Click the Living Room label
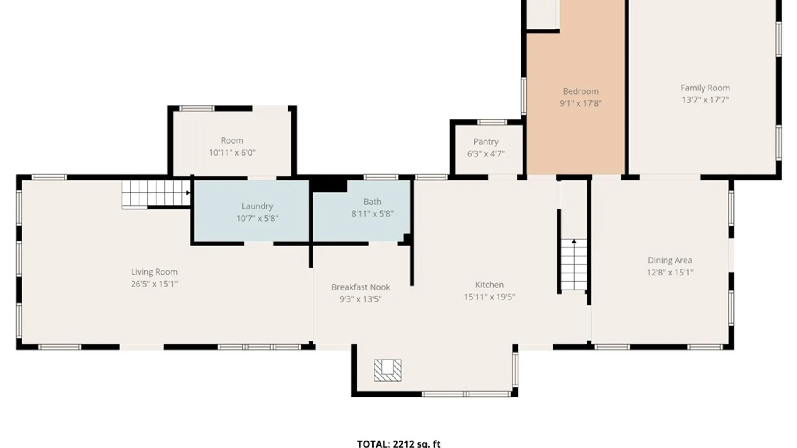point(154,272)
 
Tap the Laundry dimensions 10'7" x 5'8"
point(257,218)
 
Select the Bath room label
point(372,202)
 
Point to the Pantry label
point(486,142)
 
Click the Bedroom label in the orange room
point(581,91)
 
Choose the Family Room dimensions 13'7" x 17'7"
point(705,100)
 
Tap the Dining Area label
point(670,261)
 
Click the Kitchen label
point(489,285)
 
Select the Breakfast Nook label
point(361,287)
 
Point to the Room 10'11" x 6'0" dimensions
point(232,153)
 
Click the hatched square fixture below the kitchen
point(388,370)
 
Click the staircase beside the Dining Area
point(574,265)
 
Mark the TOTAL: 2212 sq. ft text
point(398,444)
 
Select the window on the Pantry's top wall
point(491,122)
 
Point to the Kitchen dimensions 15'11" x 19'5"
point(489,297)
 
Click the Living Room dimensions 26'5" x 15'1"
point(154,284)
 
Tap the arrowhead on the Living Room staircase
point(188,193)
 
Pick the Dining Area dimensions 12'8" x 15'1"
point(670,273)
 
